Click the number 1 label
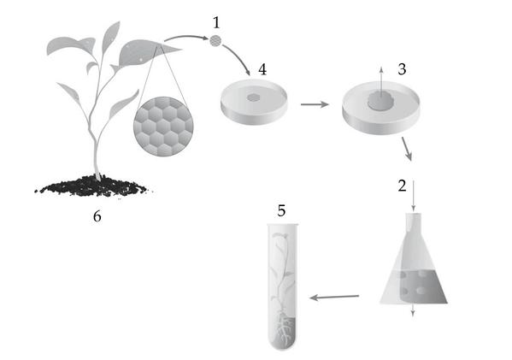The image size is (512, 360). click(x=216, y=23)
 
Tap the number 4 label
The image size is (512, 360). click(x=262, y=69)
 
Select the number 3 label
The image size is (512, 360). click(x=402, y=69)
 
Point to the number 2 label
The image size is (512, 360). click(x=402, y=186)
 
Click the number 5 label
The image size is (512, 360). click(x=281, y=210)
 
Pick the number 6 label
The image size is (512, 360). click(x=97, y=216)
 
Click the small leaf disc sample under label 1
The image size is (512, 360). click(x=215, y=41)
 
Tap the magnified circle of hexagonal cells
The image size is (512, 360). click(x=163, y=127)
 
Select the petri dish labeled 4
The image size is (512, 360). click(x=254, y=102)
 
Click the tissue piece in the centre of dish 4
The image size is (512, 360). click(x=254, y=97)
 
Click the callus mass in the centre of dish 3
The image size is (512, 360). click(x=380, y=101)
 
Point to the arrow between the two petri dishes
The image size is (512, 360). click(x=315, y=104)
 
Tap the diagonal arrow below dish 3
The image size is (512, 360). click(x=407, y=149)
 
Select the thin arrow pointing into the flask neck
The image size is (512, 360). click(x=414, y=196)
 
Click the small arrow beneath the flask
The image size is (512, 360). click(x=413, y=310)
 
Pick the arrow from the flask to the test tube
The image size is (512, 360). click(x=334, y=298)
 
